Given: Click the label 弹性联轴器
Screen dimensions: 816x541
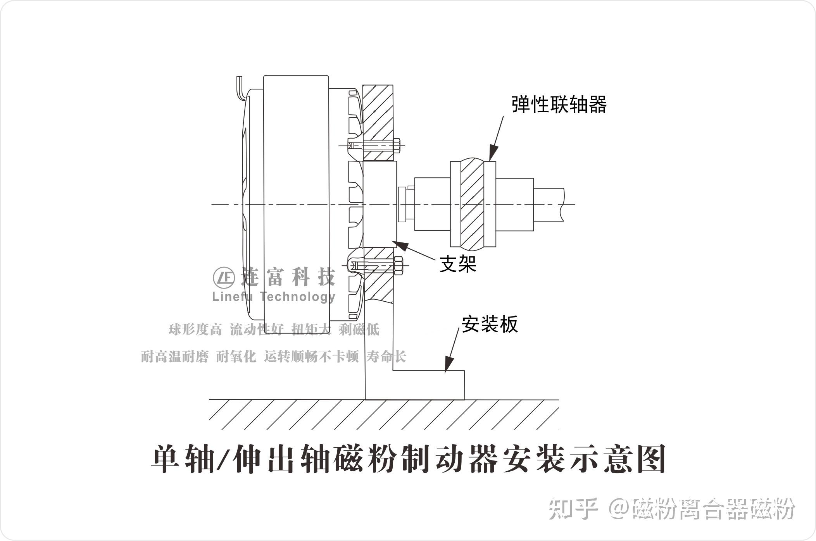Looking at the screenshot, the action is [x=559, y=105].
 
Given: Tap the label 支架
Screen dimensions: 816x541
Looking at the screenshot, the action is [x=458, y=264].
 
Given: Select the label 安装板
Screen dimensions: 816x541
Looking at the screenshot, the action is [x=490, y=324].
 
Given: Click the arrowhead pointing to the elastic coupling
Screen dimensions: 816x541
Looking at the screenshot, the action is [x=493, y=153].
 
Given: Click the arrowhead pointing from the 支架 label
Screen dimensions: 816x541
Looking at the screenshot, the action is [x=401, y=245].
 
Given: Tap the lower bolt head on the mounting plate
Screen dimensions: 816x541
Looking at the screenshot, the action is [x=399, y=265].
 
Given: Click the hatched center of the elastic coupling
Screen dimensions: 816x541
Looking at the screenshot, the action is [x=473, y=204].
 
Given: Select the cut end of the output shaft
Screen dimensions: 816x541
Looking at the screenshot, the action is [x=562, y=204].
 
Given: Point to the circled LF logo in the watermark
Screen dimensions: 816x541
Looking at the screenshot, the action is [x=224, y=278].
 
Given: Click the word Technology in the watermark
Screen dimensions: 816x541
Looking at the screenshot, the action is [x=298, y=297].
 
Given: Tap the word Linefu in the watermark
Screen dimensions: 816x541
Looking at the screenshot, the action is [x=232, y=297].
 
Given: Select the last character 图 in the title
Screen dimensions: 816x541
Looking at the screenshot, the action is [x=651, y=460].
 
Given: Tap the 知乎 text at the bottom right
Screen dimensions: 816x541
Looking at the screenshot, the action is [x=573, y=508].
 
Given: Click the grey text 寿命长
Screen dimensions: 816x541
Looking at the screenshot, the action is [x=386, y=357].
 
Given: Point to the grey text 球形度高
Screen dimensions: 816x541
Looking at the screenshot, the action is [x=195, y=330].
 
